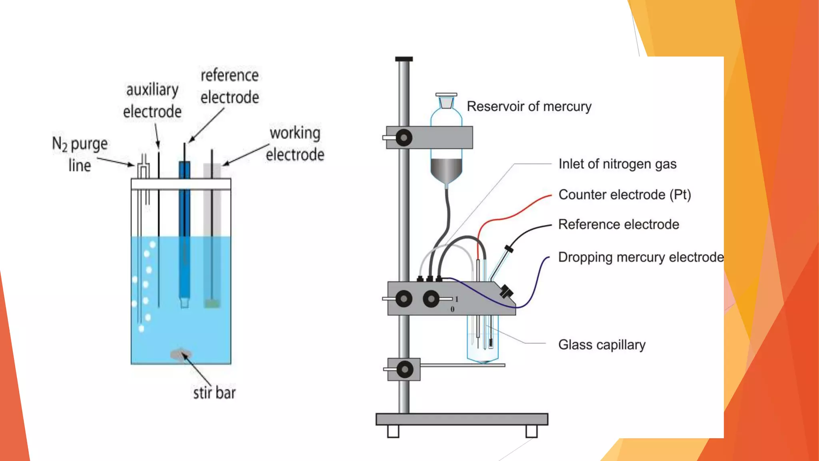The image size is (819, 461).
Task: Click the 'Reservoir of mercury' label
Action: pos(529,106)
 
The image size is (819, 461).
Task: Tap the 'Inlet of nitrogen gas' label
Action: pos(617,164)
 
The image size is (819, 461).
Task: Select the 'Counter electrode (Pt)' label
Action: pos(624,195)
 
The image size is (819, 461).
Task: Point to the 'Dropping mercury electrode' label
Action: pos(641,257)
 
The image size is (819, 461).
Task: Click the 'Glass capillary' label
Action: pos(601,345)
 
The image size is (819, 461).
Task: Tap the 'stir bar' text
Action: pos(214,393)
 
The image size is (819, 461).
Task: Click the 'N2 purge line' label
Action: pos(80,154)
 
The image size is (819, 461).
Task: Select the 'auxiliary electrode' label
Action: pos(152,100)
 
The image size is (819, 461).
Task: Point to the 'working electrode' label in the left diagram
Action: pos(295,144)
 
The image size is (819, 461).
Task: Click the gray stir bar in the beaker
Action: pos(181,355)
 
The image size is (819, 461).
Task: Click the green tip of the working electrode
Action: pos(212,304)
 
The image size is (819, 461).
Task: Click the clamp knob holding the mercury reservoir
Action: pos(404,138)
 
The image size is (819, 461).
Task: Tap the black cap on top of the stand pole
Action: pos(404,59)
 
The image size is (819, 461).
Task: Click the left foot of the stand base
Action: pos(393,431)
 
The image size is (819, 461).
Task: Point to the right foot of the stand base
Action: pos(531,431)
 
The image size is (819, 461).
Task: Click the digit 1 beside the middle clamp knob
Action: pos(456,299)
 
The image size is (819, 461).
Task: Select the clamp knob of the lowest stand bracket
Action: pos(405,369)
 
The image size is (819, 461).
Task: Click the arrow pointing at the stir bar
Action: pos(197,369)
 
